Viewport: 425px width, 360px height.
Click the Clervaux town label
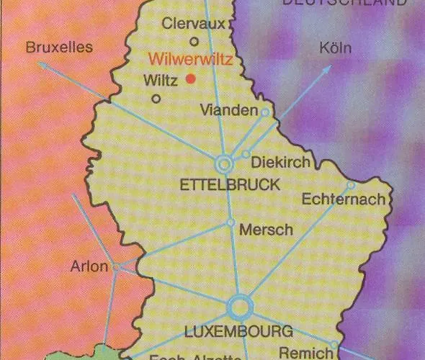194,24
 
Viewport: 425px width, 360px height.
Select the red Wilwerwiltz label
189,60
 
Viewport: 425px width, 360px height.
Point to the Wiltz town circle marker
156,99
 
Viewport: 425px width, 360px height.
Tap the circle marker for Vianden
265,112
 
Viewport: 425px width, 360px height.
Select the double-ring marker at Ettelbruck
224,164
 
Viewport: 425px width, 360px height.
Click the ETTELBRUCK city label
230,185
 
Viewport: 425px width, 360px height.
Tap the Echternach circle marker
351,185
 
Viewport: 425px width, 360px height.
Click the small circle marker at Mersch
231,222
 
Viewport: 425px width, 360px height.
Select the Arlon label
89,266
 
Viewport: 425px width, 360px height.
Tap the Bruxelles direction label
59,48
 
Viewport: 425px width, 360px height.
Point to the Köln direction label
335,48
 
